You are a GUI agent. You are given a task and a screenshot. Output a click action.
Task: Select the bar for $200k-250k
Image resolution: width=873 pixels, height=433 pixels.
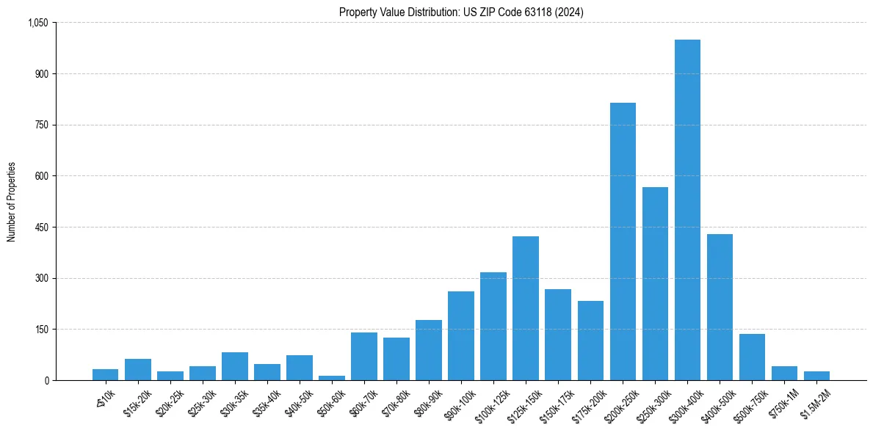(623, 241)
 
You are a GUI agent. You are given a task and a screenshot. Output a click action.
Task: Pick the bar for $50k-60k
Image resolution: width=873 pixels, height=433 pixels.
(331, 378)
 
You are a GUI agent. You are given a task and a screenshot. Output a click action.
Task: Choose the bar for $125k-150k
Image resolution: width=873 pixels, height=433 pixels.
(526, 308)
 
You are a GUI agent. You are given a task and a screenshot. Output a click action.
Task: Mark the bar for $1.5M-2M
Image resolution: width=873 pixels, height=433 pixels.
(816, 376)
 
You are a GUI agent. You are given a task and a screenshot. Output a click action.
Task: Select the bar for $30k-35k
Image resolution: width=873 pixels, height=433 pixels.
(234, 366)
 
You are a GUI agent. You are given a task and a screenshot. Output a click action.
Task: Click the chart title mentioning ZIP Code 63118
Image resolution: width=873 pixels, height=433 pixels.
(461, 12)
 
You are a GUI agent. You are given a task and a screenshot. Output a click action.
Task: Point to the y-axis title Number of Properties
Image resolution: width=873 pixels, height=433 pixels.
(12, 201)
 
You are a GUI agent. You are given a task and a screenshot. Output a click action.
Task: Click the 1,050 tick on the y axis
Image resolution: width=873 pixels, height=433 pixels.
(37, 23)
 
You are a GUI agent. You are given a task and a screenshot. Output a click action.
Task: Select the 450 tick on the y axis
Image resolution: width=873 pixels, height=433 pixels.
(40, 227)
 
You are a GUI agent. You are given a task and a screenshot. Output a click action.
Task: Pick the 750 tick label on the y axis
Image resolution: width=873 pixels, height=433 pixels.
(40, 125)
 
